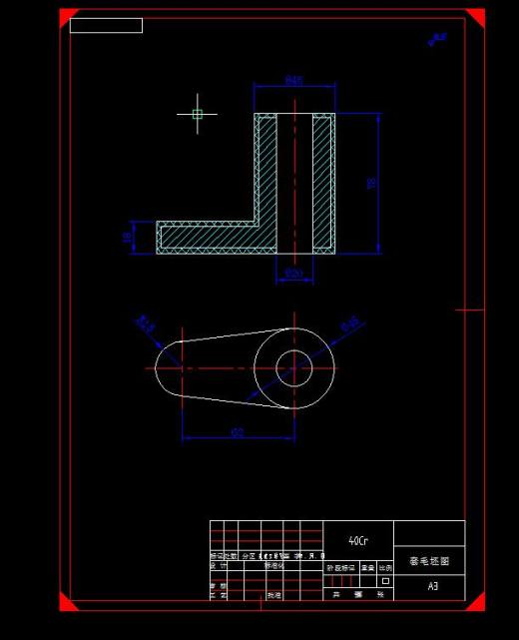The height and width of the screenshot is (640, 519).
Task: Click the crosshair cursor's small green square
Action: (x=197, y=114)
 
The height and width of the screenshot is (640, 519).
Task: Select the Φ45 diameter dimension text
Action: (x=294, y=80)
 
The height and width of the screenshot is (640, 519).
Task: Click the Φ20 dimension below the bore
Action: (x=293, y=272)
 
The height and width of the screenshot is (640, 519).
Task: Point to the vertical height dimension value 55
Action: (x=371, y=184)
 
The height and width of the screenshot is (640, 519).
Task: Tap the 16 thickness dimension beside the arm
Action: (x=126, y=238)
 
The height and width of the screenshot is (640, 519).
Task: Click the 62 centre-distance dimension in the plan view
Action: (x=238, y=432)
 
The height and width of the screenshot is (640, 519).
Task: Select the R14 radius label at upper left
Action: (x=146, y=323)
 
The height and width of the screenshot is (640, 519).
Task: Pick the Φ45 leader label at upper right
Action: (x=350, y=323)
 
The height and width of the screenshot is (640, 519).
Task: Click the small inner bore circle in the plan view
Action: (x=294, y=366)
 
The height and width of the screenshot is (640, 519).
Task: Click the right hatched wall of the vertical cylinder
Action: (x=322, y=180)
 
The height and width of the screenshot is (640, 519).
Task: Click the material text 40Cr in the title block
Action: (x=357, y=540)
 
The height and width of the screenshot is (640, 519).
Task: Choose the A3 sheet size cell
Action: (x=432, y=586)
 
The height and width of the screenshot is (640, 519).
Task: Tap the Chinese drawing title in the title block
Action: (x=429, y=561)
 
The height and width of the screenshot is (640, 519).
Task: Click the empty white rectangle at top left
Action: (x=106, y=26)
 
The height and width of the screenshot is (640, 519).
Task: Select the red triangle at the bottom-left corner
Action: (x=67, y=601)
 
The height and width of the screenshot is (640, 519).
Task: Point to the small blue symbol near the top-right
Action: (x=436, y=39)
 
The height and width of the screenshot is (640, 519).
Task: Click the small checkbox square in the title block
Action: (x=385, y=580)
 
